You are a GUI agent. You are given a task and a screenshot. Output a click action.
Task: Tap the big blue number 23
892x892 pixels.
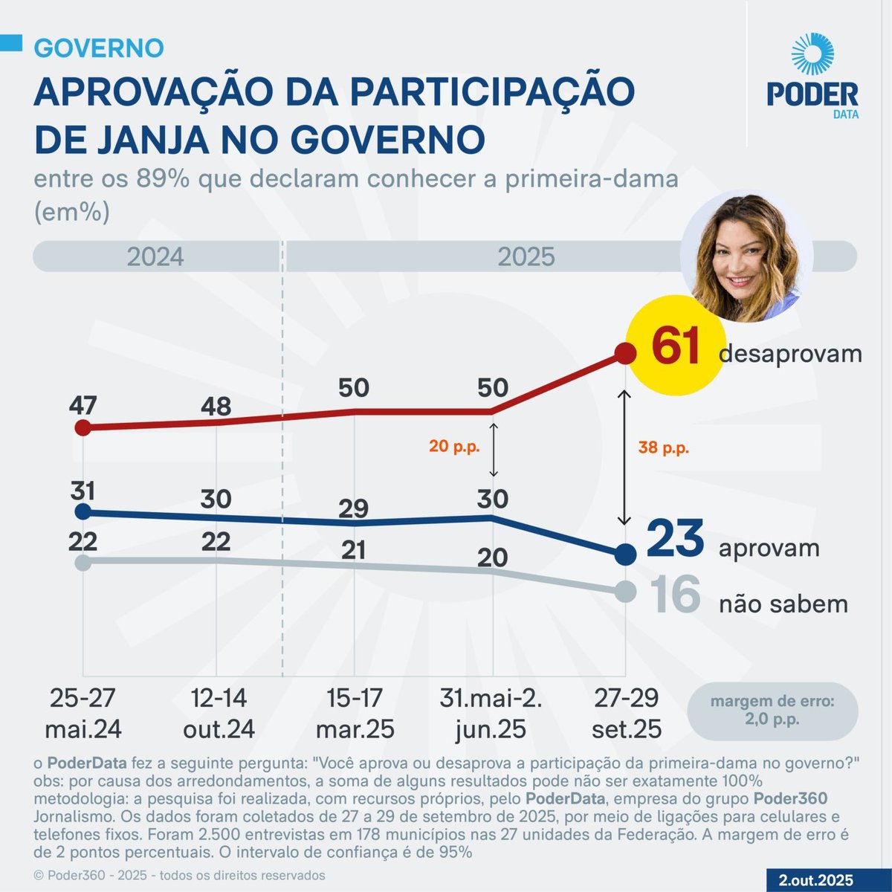coord(674,540)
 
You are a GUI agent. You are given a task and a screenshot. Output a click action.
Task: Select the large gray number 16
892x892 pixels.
coord(675,595)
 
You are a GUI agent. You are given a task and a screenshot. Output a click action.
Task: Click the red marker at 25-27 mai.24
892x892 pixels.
coord(83,427)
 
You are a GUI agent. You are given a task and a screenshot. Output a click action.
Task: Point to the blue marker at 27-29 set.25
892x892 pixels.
coord(626,555)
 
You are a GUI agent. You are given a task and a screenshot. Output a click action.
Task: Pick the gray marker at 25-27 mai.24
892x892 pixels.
coord(83,562)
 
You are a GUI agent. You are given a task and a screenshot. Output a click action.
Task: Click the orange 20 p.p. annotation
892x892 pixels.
coord(454,447)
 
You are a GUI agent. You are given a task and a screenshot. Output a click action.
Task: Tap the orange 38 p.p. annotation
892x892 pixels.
coord(664,448)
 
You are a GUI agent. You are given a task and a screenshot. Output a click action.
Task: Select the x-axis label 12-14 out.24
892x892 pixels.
coord(219,714)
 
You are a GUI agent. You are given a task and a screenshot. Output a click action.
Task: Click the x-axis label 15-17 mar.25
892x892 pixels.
coord(355,714)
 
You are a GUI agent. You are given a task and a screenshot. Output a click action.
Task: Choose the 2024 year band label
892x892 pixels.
coord(155,257)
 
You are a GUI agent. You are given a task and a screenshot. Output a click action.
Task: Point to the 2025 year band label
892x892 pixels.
coord(526,257)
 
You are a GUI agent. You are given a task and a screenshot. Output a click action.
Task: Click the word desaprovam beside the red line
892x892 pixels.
coord(790,354)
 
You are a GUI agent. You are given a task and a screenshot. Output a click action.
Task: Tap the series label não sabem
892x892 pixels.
coord(783,604)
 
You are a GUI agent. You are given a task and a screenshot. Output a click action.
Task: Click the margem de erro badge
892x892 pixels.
coord(772,711)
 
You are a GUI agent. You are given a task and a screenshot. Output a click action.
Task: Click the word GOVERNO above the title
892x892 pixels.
coord(99,48)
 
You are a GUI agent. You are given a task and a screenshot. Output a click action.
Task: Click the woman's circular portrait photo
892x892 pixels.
coord(746,256)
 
